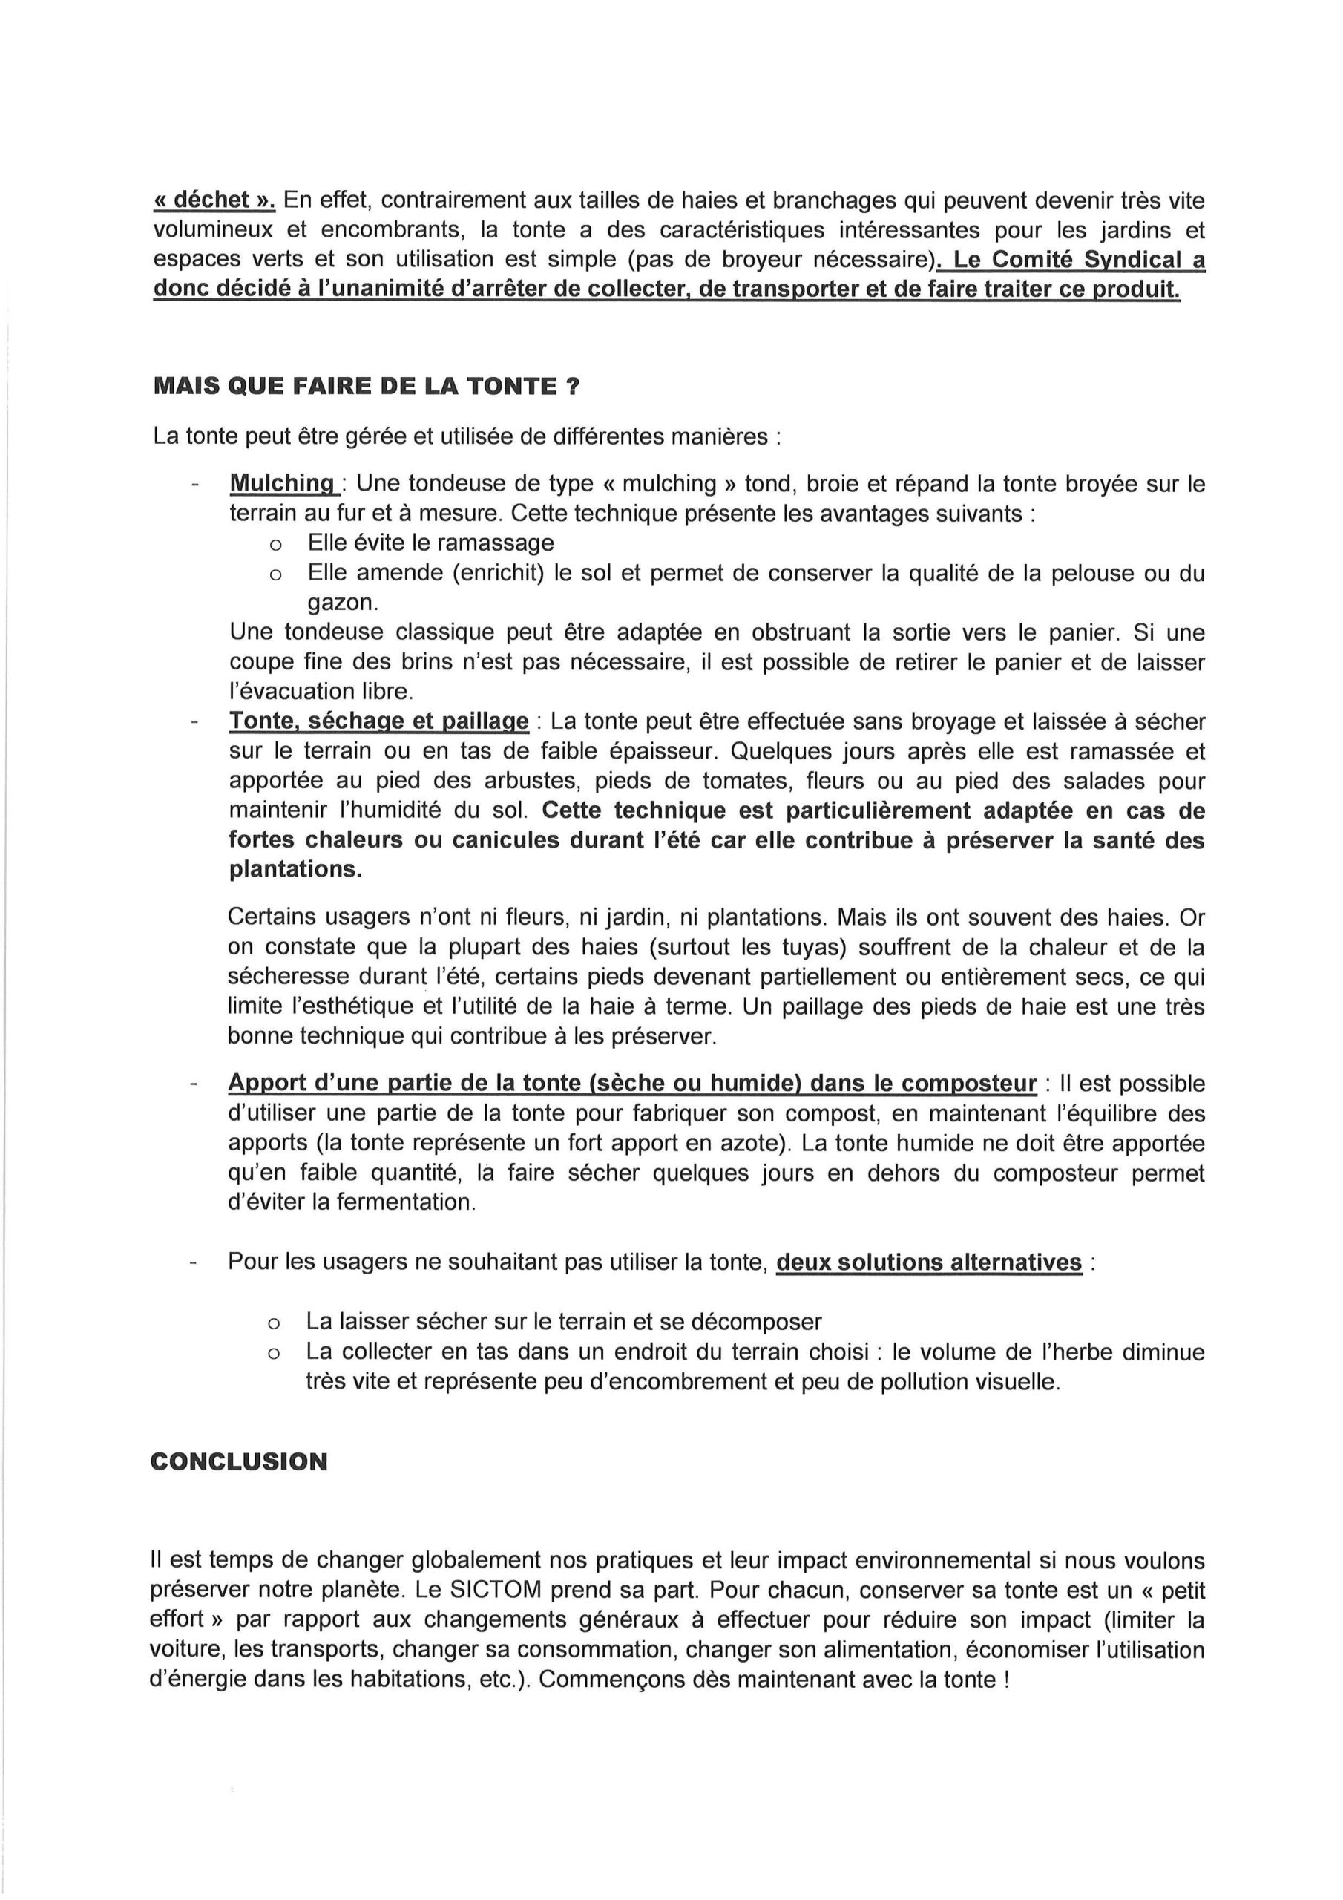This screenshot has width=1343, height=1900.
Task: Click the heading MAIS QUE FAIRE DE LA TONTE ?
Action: pos(366,387)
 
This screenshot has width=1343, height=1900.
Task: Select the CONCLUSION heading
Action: pos(239,1462)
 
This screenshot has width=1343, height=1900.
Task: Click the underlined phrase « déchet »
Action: pos(214,200)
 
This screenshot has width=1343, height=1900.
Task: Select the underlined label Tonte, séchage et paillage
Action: pos(378,721)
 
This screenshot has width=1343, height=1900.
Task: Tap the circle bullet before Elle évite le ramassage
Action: pos(275,546)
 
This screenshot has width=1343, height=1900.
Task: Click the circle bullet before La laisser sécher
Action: pos(273,1323)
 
